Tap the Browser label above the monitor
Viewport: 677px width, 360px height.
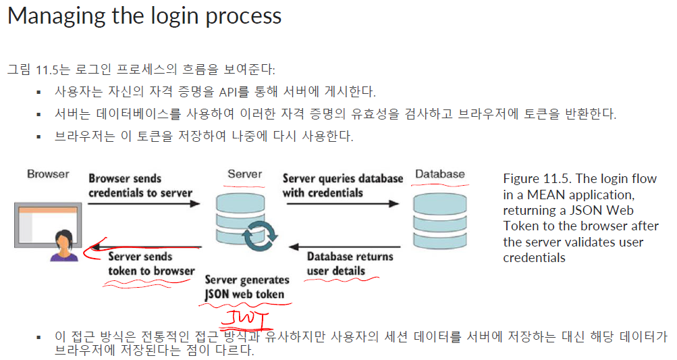pos(48,174)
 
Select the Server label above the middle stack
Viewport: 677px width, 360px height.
pos(244,174)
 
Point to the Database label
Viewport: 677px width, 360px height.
pos(440,174)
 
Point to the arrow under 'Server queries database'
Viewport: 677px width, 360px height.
pos(342,203)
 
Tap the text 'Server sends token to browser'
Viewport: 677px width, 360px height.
pos(150,264)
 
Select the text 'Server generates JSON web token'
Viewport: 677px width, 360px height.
pos(246,287)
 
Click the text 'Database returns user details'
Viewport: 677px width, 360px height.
pos(349,264)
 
